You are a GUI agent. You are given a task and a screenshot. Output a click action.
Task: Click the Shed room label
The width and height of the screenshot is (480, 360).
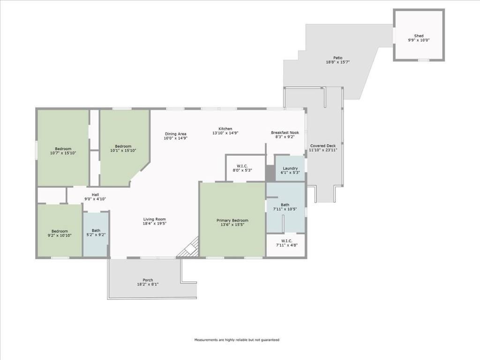pyautogui.click(x=419, y=36)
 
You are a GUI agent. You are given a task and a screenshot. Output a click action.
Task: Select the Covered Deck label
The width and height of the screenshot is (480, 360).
pyautogui.click(x=323, y=146)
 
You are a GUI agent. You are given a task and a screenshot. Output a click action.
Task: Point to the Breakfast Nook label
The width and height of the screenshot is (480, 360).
pyautogui.click(x=285, y=133)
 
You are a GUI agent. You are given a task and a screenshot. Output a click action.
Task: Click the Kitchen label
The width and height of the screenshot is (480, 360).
pyautogui.click(x=225, y=129)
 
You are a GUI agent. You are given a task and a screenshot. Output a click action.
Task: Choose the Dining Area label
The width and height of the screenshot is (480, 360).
pyautogui.click(x=176, y=134)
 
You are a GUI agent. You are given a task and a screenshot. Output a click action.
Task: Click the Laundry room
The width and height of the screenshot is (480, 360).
pyautogui.click(x=290, y=168)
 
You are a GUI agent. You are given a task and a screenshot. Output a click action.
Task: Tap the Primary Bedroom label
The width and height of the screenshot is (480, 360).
pyautogui.click(x=232, y=220)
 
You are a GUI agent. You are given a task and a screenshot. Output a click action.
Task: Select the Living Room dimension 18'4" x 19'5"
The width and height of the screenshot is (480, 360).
pyautogui.click(x=154, y=224)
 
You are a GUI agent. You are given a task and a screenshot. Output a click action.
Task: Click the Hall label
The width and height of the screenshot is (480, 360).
pyautogui.click(x=95, y=195)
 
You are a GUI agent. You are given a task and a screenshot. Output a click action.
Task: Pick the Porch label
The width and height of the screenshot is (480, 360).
pyautogui.click(x=148, y=280)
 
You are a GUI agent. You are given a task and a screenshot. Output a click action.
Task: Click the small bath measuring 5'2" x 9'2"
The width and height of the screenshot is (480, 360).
pyautogui.click(x=96, y=233)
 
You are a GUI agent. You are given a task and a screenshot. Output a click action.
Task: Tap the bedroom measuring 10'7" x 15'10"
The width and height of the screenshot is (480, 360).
pyautogui.click(x=63, y=150)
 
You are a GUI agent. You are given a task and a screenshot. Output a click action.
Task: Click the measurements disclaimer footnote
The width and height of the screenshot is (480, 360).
pyautogui.click(x=237, y=340)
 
